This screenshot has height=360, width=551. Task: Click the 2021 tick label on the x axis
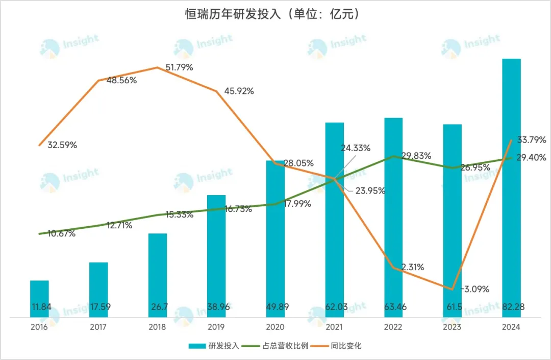(x=334, y=327)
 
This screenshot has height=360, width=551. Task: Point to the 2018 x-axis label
(x=157, y=327)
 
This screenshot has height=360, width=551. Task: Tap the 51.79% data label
(x=179, y=67)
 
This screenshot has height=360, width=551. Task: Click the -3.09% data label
(x=475, y=289)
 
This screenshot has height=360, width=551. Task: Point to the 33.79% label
(x=531, y=139)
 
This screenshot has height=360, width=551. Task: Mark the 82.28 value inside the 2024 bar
(x=511, y=307)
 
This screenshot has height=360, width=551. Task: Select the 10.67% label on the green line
(x=61, y=234)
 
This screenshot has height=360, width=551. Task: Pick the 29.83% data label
(x=416, y=156)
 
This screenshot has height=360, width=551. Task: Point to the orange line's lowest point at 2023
(x=452, y=289)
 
